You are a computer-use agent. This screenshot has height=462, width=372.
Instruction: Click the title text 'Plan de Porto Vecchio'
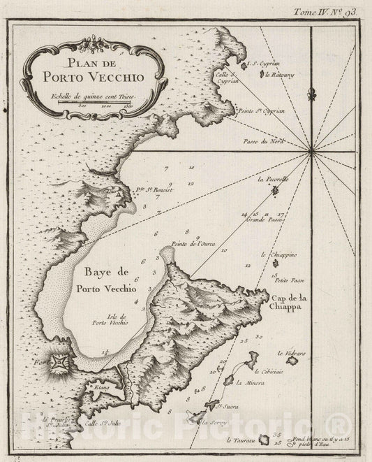tap(92, 67)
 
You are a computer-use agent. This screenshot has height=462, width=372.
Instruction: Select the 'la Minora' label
tap(248, 383)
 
